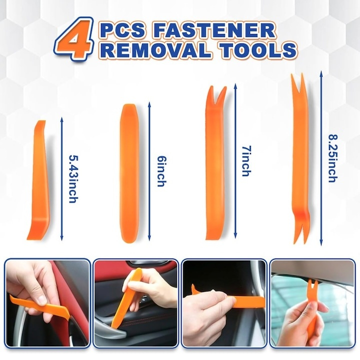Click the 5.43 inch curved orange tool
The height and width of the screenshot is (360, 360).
coord(37,180)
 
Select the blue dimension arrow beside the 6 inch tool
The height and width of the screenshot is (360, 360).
coord(149,170)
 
